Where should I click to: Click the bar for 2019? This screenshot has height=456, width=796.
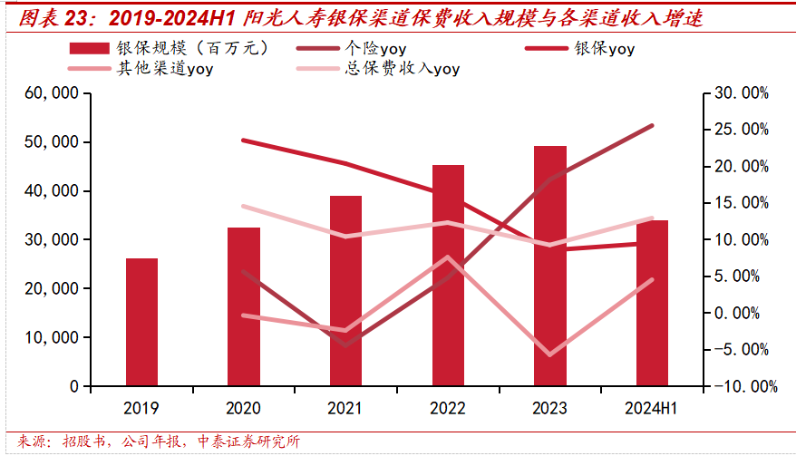pos(141,322)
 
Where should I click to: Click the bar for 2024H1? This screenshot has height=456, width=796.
pos(652,303)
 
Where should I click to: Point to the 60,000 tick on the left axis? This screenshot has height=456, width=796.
pos(54,93)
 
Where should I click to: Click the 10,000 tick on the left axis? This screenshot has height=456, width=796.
pos(54,337)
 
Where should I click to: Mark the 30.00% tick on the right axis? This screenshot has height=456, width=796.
pos(741,93)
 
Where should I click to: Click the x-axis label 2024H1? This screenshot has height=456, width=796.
pos(652,408)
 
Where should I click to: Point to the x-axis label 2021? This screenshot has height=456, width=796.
pos(345,408)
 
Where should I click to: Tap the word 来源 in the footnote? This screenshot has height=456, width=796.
pos(34,442)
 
